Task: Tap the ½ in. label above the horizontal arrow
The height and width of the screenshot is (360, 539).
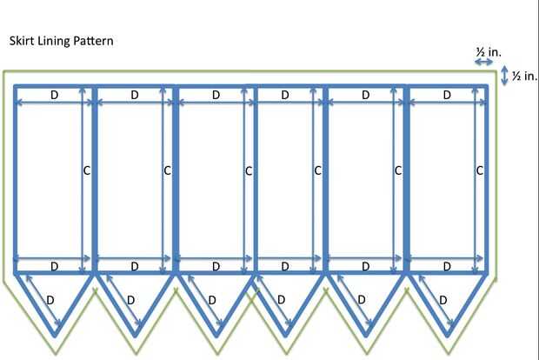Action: pyautogui.click(x=488, y=52)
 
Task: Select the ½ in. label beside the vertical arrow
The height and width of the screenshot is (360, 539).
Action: pyautogui.click(x=524, y=77)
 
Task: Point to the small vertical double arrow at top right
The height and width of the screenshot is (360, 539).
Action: pyautogui.click(x=506, y=77)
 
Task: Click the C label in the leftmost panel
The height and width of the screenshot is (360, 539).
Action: pyautogui.click(x=86, y=170)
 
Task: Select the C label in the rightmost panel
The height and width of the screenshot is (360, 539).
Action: pyautogui.click(x=479, y=170)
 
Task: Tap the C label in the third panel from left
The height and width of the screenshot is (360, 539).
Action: pyautogui.click(x=248, y=170)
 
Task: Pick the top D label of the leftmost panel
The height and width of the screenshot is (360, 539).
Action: pyautogui.click(x=54, y=95)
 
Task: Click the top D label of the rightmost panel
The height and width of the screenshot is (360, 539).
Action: pyautogui.click(x=447, y=95)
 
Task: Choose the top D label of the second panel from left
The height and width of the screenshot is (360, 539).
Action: pyautogui.click(x=135, y=95)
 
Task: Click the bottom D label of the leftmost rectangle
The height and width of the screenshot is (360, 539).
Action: pyautogui.click(x=54, y=265)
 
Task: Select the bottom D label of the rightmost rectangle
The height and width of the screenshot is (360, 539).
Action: pyautogui.click(x=447, y=265)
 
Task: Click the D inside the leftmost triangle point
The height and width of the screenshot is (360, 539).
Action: pyautogui.click(x=50, y=299)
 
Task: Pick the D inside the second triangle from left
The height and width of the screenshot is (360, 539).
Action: pyautogui.click(x=130, y=299)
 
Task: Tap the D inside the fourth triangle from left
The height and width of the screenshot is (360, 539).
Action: pyautogui.click(x=281, y=299)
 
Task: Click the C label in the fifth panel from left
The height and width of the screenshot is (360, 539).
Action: pyautogui.click(x=398, y=170)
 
